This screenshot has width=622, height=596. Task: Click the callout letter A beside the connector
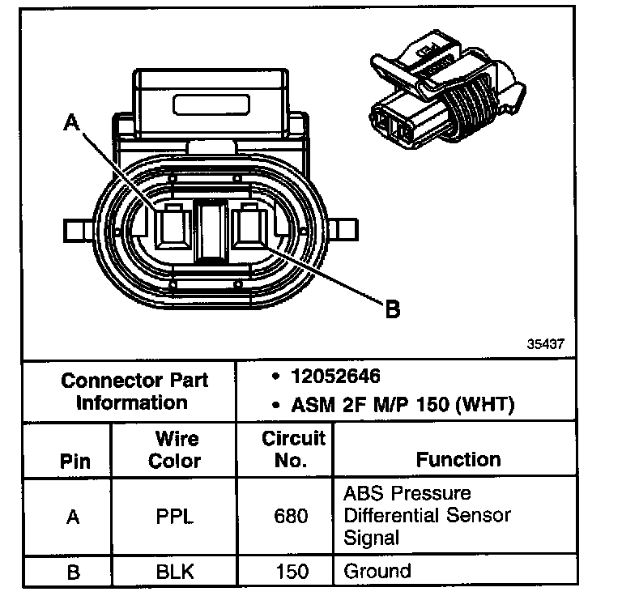pyautogui.click(x=73, y=124)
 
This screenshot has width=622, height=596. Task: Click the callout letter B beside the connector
pyautogui.click(x=392, y=309)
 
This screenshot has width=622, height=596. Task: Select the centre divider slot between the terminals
pyautogui.click(x=211, y=232)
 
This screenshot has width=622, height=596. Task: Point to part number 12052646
pyautogui.click(x=336, y=377)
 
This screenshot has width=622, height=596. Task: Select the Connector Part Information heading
pyautogui.click(x=134, y=391)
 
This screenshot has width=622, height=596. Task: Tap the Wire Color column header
pyautogui.click(x=176, y=449)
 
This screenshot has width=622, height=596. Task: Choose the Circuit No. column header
pyautogui.click(x=292, y=449)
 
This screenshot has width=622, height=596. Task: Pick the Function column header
pyautogui.click(x=458, y=459)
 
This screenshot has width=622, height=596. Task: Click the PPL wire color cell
pyautogui.click(x=176, y=515)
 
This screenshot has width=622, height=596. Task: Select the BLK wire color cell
pyautogui.click(x=176, y=571)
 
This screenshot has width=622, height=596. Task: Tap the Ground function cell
pyautogui.click(x=377, y=571)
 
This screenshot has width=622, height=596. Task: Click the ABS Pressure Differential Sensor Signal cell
pyautogui.click(x=427, y=515)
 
